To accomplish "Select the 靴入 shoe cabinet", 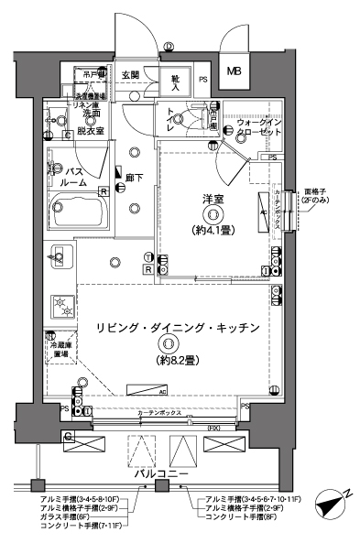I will [x=175, y=81].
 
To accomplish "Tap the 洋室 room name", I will [x=213, y=198].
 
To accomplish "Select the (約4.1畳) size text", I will [x=213, y=231].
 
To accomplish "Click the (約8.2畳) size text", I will [x=169, y=360].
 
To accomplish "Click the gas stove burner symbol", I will [x=61, y=304].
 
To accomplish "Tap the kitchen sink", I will [x=60, y=260].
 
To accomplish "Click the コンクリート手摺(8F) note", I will [x=240, y=517].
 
